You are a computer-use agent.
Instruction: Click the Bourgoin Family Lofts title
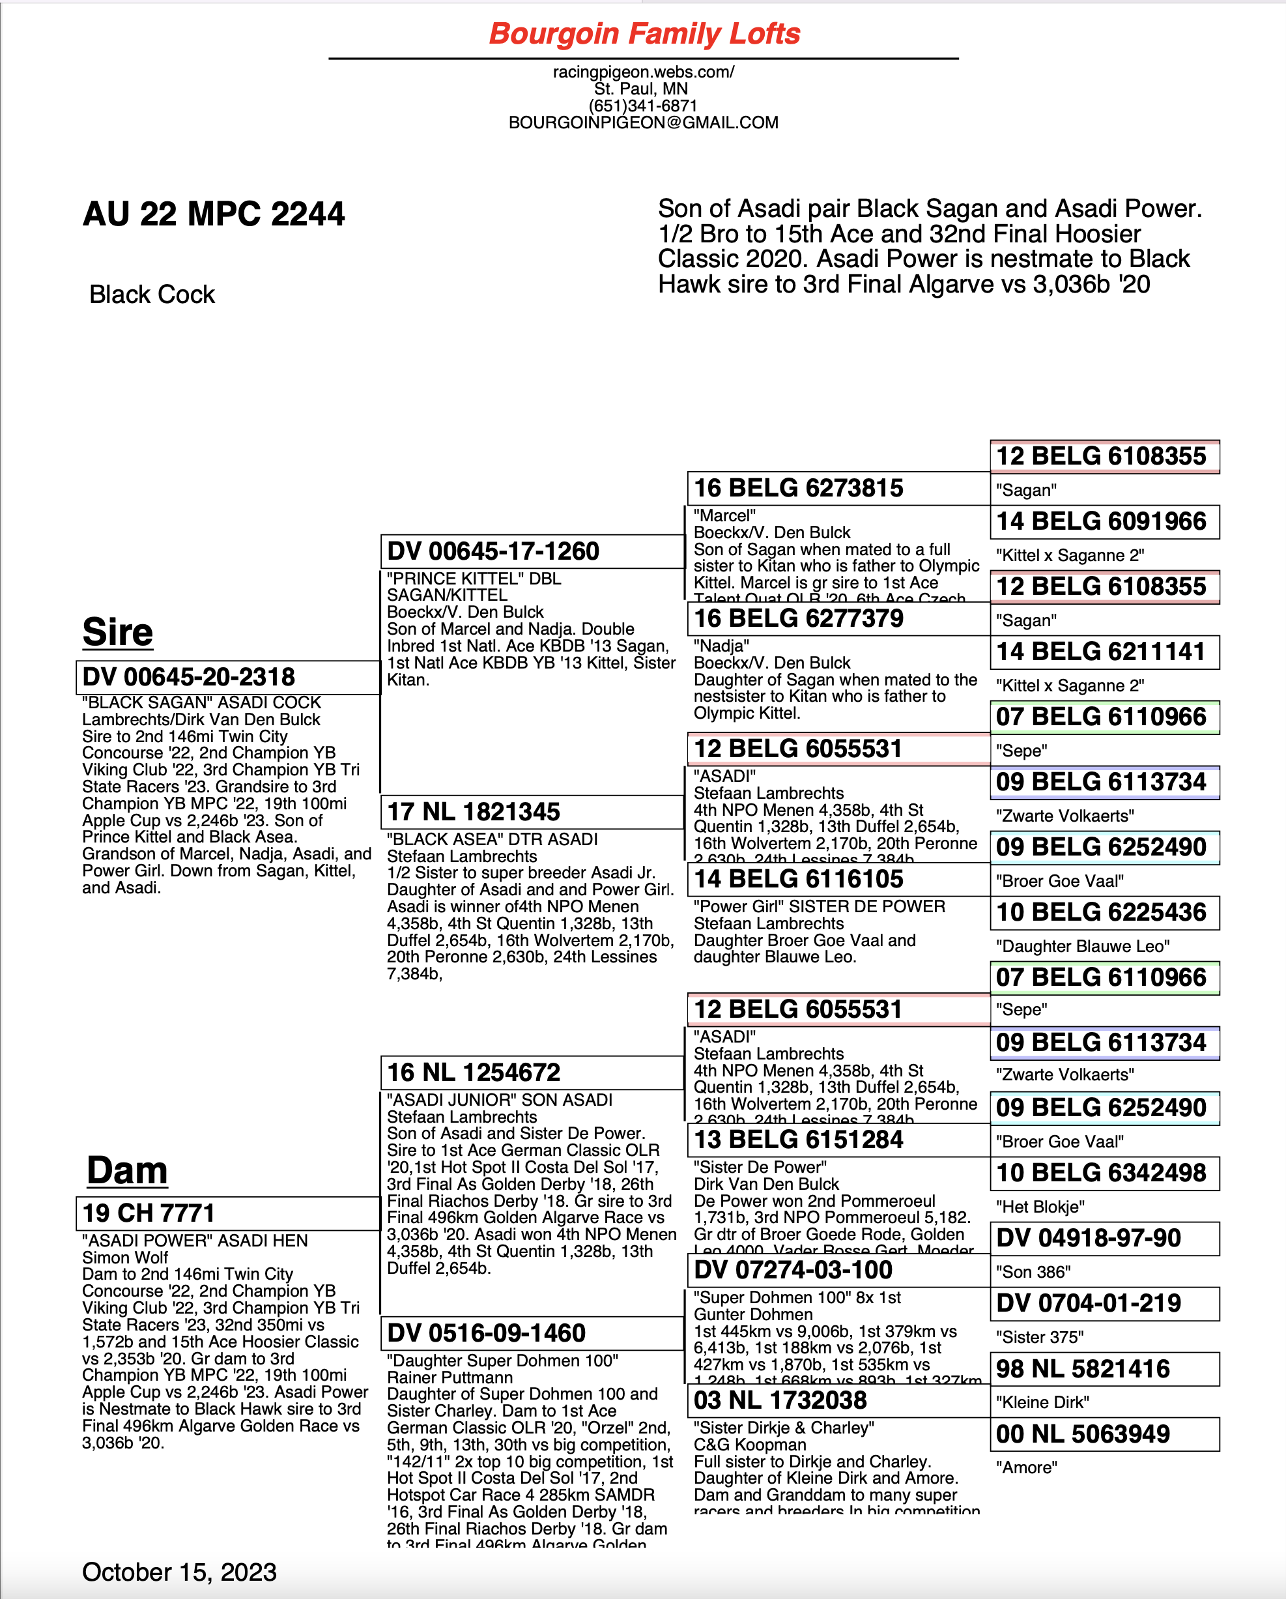click(x=644, y=34)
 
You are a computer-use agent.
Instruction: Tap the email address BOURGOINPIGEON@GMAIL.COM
click(x=643, y=123)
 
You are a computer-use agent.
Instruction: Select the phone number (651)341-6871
click(x=643, y=106)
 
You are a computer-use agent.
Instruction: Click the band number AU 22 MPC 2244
click(x=214, y=214)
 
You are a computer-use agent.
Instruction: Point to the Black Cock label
click(x=152, y=295)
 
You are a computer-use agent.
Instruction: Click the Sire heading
click(x=118, y=633)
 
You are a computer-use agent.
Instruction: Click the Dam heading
click(x=127, y=1171)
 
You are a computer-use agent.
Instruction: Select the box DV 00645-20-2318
click(x=227, y=677)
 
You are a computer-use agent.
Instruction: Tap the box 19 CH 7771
click(x=227, y=1213)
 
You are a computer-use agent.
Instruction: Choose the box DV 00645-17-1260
click(x=532, y=552)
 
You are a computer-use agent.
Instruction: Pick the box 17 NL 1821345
click(x=532, y=812)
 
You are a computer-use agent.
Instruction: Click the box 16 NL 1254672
click(x=532, y=1073)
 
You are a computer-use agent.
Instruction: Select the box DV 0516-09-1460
click(x=532, y=1332)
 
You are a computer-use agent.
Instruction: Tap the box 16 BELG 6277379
click(x=838, y=618)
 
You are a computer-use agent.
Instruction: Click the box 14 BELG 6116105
click(x=838, y=880)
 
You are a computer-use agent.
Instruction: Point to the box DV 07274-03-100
click(x=838, y=1270)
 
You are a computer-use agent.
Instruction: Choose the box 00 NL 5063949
click(x=1104, y=1434)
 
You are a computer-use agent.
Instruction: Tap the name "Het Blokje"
click(x=1040, y=1207)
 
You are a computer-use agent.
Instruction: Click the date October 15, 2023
click(x=179, y=1572)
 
